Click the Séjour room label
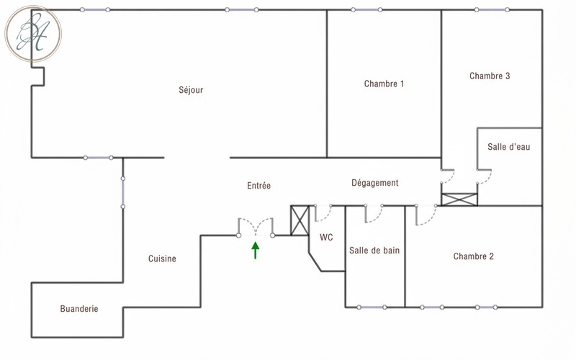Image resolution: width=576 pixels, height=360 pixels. pos(191,90)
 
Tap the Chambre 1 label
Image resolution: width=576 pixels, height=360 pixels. pos(384,84)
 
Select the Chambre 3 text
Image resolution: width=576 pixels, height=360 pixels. pos(490,76)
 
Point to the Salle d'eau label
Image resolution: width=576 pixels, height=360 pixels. pos(509,147)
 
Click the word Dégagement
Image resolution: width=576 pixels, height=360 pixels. pos(374,183)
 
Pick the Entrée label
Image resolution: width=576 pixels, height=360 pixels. pos(258,186)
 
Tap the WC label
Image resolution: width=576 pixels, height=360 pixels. pos(326,238)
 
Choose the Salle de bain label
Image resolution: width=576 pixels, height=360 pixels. pos(374,251)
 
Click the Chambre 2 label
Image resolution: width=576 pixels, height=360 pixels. pos(474,256)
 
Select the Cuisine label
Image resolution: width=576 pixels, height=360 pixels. pos(162,258)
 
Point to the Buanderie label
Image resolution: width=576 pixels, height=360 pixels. pos(79,309)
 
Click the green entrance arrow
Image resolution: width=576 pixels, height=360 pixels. pos(256,251)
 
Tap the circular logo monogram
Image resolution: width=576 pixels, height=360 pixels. pos(33,34)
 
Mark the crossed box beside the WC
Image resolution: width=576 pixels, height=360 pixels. pos(300,220)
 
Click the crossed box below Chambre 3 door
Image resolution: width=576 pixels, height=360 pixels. pos(459,199)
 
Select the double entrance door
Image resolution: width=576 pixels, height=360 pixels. pos(256,227)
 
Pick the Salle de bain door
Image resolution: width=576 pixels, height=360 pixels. pos(374,214)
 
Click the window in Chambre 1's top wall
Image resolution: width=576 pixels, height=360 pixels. pos(366,10)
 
